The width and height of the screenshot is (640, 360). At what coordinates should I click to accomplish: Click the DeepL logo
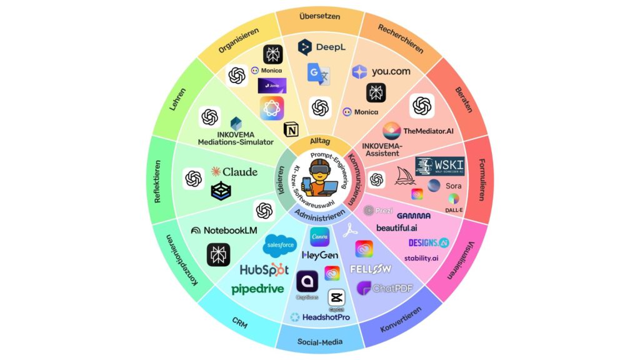(322, 47)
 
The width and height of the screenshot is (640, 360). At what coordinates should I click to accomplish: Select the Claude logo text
(234, 171)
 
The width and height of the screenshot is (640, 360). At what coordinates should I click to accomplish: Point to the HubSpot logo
(264, 270)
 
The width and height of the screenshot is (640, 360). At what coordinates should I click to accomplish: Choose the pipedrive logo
(257, 289)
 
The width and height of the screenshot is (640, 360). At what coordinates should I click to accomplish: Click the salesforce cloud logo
(279, 244)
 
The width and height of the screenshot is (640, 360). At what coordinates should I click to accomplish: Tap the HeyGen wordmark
(320, 256)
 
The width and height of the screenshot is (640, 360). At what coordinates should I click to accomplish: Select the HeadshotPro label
(320, 317)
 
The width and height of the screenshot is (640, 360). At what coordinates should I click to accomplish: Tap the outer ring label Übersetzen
(319, 16)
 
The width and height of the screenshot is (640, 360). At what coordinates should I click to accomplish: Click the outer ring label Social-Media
(319, 343)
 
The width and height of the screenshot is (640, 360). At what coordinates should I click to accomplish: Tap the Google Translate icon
(319, 74)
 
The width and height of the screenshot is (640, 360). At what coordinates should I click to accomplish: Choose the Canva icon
(319, 237)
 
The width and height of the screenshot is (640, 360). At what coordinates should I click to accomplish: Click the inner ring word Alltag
(319, 141)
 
